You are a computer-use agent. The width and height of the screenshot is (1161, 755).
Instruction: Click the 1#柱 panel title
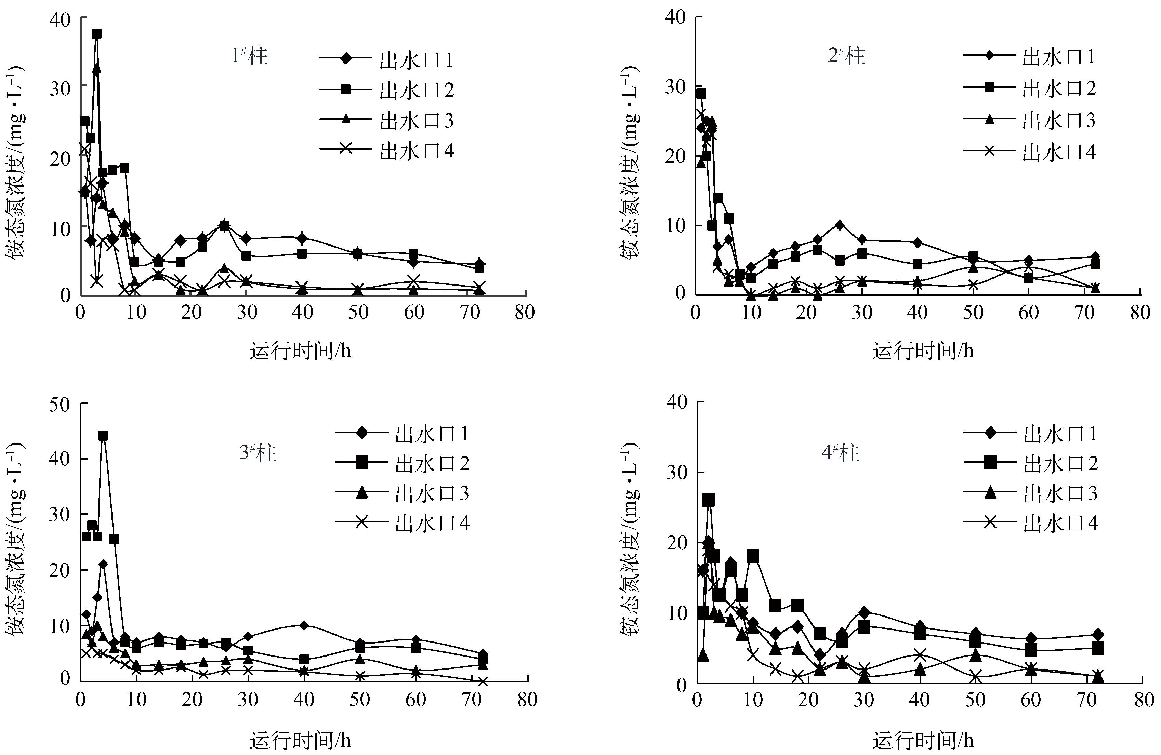pyautogui.click(x=249, y=56)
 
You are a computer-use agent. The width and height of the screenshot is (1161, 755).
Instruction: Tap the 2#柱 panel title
pyautogui.click(x=846, y=56)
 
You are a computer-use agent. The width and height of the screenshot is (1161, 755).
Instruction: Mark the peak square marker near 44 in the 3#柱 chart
pyautogui.click(x=103, y=436)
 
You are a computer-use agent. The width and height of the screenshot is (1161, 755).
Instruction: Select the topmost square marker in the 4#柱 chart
pyautogui.click(x=708, y=500)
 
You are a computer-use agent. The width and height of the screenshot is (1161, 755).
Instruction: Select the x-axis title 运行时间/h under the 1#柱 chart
pyautogui.click(x=300, y=351)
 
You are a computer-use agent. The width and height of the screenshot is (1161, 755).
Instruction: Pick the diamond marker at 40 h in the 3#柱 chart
pyautogui.click(x=303, y=625)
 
